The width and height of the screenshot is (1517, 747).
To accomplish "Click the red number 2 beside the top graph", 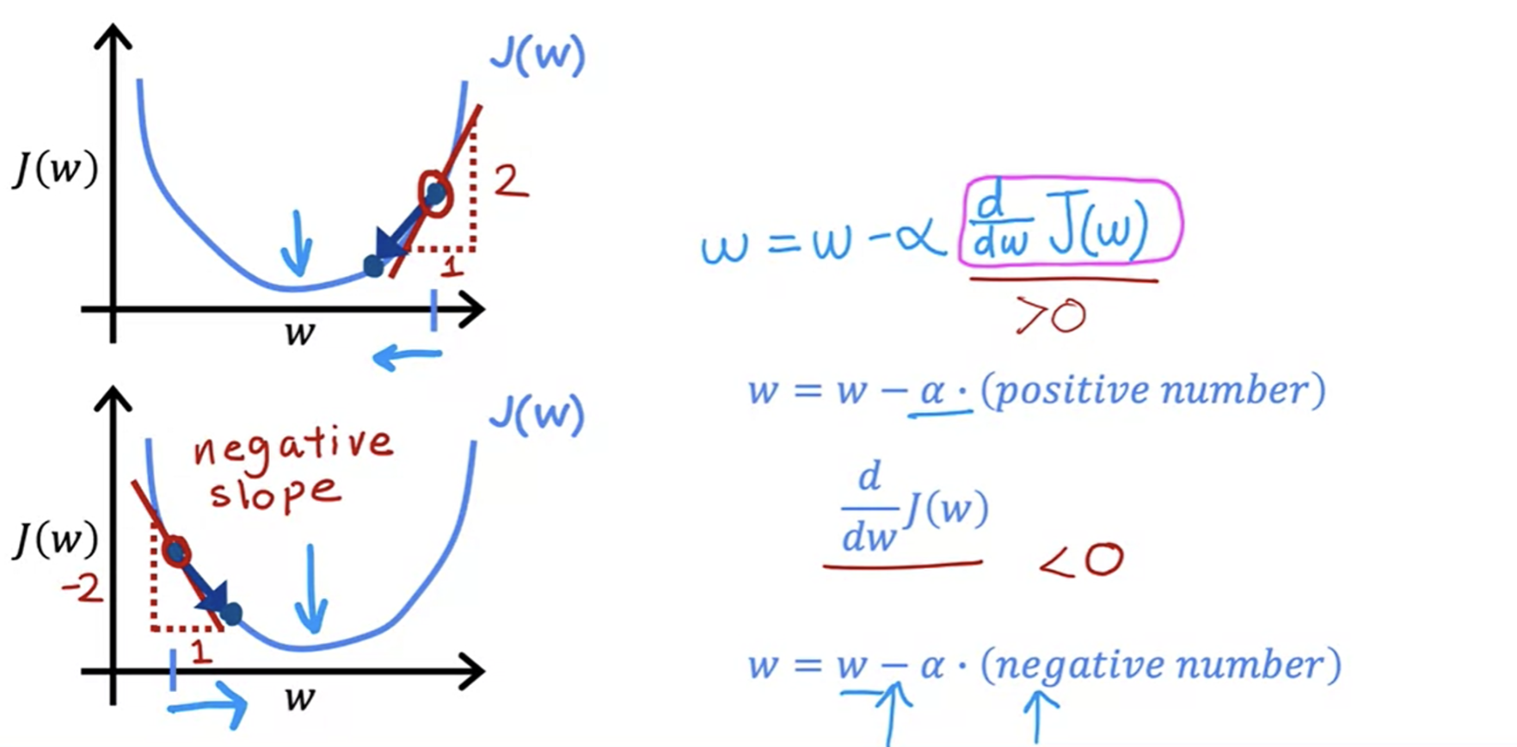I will pos(510,181).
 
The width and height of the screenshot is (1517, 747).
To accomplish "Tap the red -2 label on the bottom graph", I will pos(83,590).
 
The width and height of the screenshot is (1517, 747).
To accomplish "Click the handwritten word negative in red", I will pos(292,447).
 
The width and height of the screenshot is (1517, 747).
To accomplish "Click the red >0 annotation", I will pos(1051,316).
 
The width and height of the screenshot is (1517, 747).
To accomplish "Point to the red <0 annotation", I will pos(1082,560).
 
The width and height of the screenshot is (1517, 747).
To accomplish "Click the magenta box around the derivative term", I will pos(1071,221).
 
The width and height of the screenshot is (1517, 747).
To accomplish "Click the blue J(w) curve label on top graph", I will pos(537,56).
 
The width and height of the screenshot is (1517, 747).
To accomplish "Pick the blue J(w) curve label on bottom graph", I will pos(537,415).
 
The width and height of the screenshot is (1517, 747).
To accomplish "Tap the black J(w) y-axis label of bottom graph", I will pos(55,540).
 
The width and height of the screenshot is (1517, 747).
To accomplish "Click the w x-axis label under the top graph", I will pos(299,333).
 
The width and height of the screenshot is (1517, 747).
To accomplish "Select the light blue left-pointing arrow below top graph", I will pos(407,355).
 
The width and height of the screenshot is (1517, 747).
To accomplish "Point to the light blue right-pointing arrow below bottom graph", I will pos(209,706).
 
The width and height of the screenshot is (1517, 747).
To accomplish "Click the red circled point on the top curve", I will pos(434,194).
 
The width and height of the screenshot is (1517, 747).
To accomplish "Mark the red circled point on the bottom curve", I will pos(176,552).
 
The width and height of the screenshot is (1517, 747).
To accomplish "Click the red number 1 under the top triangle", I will pos(451,266).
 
